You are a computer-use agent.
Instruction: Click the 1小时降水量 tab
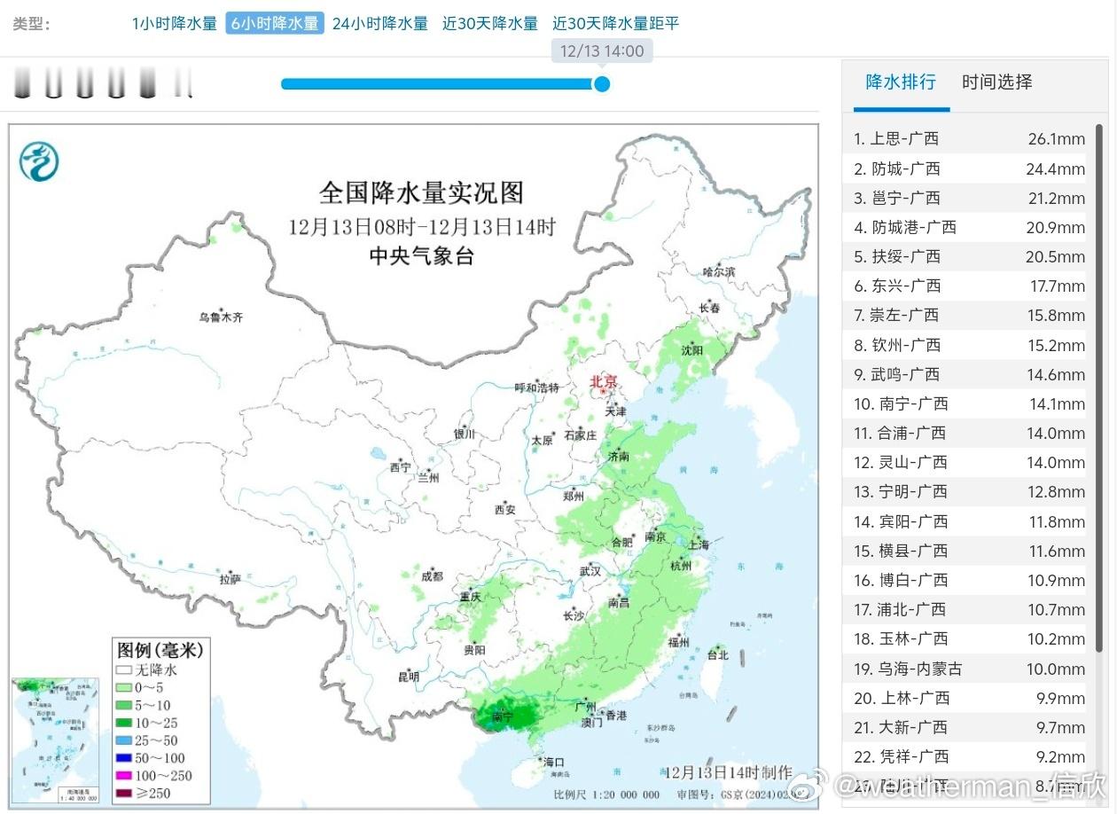[175, 24]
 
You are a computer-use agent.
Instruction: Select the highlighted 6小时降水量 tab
[275, 24]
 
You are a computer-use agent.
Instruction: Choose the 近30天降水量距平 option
[615, 24]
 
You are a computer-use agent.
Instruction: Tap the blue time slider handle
[602, 84]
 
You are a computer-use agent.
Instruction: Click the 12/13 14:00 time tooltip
[602, 51]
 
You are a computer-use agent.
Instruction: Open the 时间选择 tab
[997, 82]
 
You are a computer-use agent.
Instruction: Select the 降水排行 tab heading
[901, 82]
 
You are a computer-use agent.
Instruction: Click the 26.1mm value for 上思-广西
[1056, 139]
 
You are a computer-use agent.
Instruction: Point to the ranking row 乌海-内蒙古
[908, 669]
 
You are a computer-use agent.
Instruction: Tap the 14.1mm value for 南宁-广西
[1056, 404]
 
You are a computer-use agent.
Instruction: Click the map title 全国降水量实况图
[421, 192]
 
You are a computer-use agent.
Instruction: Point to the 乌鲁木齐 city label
[220, 317]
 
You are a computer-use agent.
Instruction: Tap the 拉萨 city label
[230, 579]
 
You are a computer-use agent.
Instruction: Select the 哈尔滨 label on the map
[718, 272]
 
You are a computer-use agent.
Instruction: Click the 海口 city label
[554, 762]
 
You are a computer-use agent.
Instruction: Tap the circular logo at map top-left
[39, 161]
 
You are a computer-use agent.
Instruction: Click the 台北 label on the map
[717, 655]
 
